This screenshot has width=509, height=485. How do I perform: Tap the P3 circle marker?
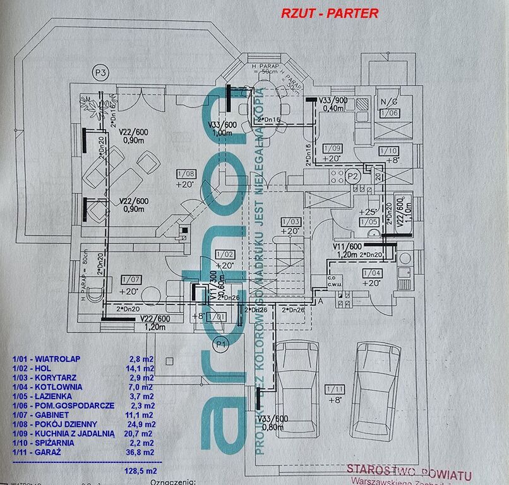(100, 72)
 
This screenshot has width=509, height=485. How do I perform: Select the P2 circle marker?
(354, 176)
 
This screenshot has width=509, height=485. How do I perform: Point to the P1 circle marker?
(220, 344)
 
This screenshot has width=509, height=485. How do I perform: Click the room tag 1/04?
(373, 272)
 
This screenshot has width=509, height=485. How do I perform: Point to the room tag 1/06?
(389, 113)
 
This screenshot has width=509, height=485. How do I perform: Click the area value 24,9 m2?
(141, 424)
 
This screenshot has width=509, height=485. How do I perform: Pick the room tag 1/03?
(291, 222)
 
